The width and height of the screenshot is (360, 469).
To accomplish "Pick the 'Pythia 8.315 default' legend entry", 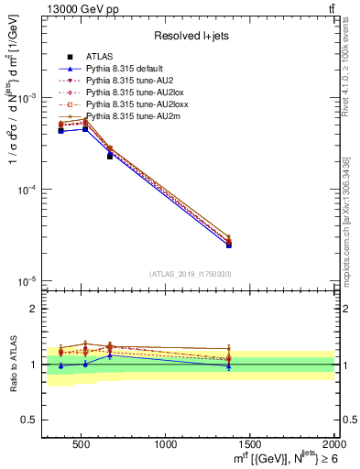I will pos(123,70).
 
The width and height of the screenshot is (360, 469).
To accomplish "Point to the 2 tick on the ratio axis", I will pos(33,309).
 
